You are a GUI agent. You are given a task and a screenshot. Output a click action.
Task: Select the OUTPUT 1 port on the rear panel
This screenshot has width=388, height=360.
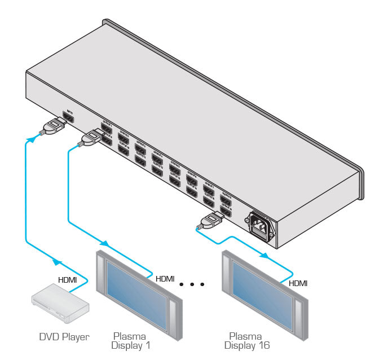click(x=106, y=129)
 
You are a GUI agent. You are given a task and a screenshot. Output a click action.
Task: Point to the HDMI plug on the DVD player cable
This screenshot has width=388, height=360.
click(x=54, y=126)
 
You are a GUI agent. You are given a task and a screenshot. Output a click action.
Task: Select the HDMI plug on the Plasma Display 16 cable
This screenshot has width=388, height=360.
click(x=209, y=221)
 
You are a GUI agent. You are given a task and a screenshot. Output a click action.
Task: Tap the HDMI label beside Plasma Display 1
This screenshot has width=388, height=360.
click(x=165, y=278)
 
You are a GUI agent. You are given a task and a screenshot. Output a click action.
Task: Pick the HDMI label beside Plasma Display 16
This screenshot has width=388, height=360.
click(x=298, y=283)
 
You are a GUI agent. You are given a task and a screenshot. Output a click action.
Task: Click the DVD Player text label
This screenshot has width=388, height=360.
click(x=64, y=337)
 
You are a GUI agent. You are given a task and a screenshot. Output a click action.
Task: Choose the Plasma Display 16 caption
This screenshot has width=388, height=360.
click(x=246, y=340)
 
